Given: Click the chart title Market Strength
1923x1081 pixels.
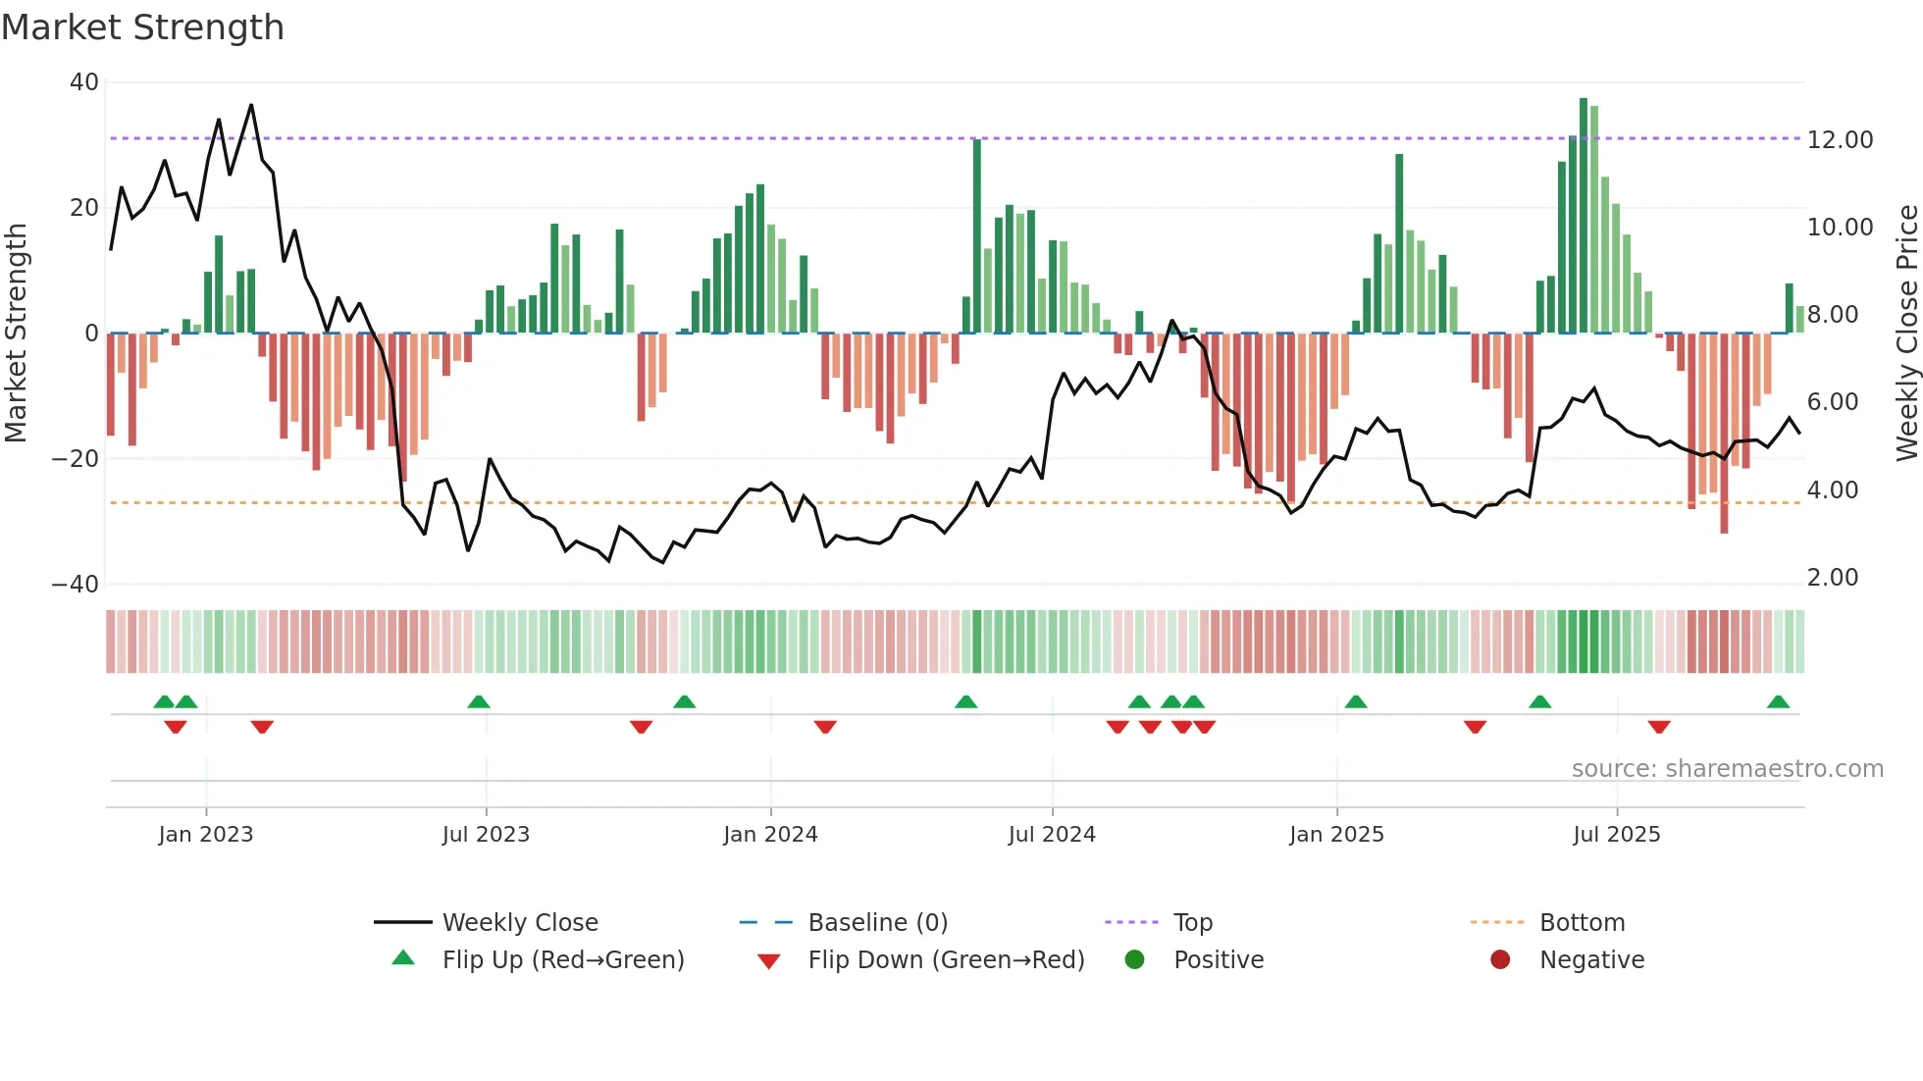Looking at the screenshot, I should point(142,27).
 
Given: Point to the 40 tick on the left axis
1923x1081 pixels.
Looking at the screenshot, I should point(84,82).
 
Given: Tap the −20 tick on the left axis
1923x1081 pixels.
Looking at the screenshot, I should point(76,459).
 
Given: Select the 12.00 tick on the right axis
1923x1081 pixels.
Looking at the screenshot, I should point(1840,140).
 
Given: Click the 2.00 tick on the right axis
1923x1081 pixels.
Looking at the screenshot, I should point(1832,578).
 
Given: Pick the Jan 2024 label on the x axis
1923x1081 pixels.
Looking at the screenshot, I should point(770,835).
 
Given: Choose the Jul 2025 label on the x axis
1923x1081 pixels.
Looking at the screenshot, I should point(1616,835).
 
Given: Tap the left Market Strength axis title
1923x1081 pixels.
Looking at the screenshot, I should point(17,334).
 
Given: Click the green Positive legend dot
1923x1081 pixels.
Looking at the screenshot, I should point(1134,960).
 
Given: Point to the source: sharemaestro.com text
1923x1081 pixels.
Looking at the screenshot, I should point(1727,769).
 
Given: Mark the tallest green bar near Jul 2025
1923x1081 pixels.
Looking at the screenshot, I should point(1584,216).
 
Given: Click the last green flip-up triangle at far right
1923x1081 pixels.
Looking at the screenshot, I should point(1778,702).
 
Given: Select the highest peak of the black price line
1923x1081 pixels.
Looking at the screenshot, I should point(251,105).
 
